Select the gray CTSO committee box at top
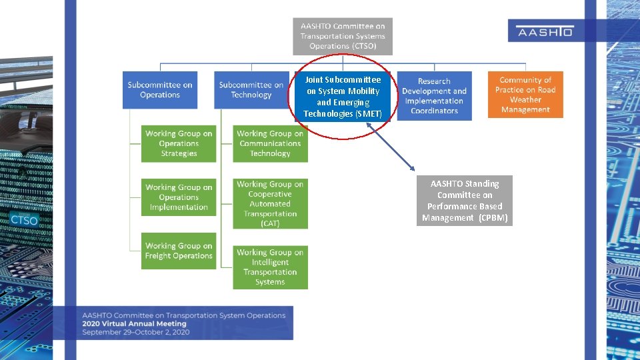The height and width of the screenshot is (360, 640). pos(343,36)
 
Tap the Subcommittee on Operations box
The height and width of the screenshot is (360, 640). pos(160,90)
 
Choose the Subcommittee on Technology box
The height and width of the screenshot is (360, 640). pos(251,90)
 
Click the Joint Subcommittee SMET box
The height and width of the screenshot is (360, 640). pos(343,97)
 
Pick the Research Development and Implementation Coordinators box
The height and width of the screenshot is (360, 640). pos(434,96)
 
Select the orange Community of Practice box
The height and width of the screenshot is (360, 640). pos(525,95)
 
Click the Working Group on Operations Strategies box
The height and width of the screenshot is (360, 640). pos(179,143)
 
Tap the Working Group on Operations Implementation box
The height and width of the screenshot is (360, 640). pos(179,197)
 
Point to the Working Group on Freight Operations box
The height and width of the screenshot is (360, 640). pos(179,251)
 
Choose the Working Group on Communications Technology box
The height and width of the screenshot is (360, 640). pos(270,143)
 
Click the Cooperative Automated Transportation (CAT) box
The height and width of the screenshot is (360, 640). pos(270,203)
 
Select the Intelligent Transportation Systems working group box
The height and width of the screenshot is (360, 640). pos(270,267)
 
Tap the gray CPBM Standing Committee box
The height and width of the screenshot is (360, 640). pos(465,201)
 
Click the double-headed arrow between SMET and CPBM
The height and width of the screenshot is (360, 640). pos(391,149)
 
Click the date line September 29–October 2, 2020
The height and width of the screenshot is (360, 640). pos(136,332)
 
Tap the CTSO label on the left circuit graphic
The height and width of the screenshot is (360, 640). pos(24,220)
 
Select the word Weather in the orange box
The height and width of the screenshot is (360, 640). pos(525,100)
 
